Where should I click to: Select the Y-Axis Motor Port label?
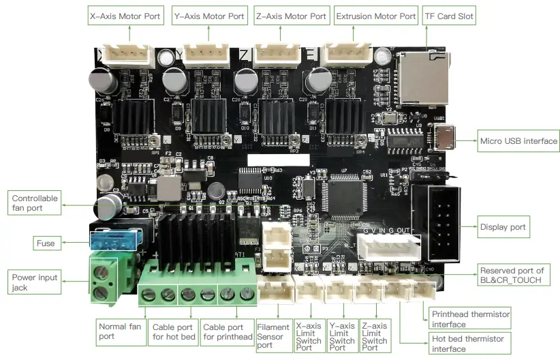[208, 16]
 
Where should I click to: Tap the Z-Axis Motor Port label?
[292, 16]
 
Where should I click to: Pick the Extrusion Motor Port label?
[375, 16]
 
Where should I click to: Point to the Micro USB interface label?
[518, 141]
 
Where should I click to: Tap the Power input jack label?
[35, 283]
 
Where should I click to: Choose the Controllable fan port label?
[35, 203]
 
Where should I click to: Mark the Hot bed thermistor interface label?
[467, 344]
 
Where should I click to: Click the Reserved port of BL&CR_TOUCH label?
[512, 275]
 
